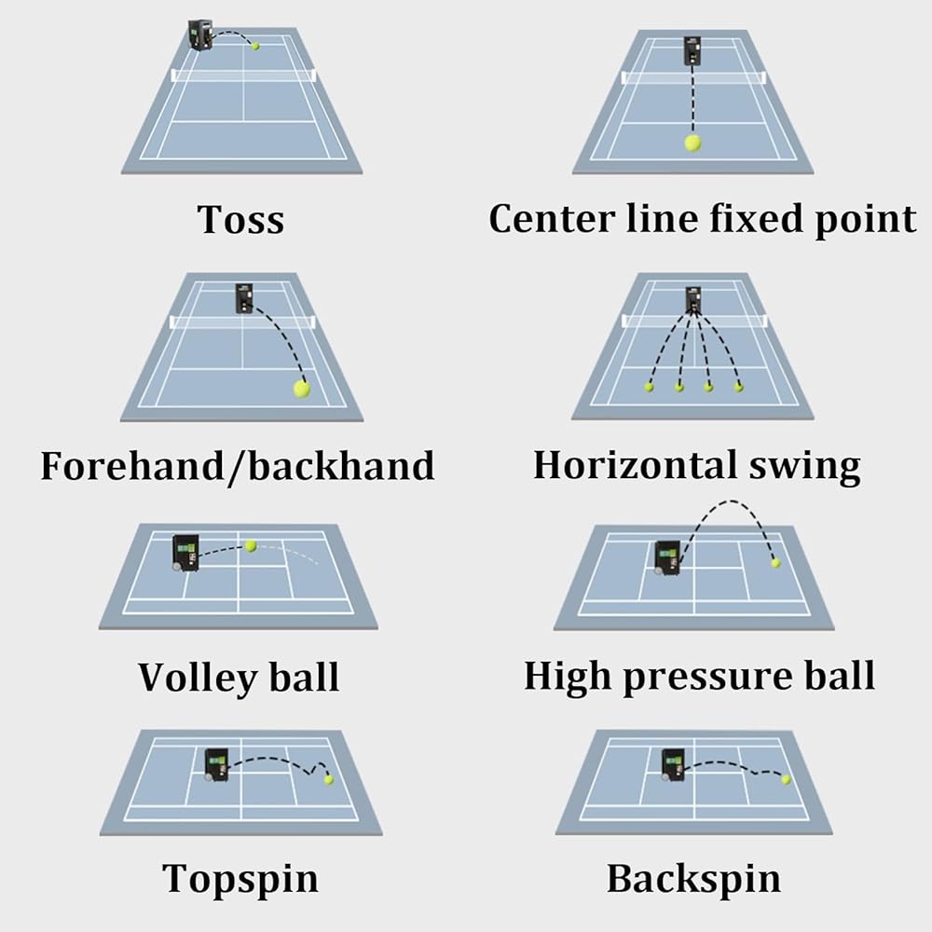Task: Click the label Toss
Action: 240,220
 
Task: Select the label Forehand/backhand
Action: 238,464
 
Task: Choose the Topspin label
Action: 240,878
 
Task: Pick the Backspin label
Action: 693,878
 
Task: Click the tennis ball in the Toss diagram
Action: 255,45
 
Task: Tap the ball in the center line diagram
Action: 692,143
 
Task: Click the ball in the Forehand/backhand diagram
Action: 301,389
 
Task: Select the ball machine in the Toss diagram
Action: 199,34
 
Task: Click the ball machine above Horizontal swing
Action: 693,299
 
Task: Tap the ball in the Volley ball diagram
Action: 250,545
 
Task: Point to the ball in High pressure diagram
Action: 774,562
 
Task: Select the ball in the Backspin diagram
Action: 785,779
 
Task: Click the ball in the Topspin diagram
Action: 328,779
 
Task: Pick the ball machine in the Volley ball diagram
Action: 185,552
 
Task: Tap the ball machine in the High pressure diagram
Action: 667,556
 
